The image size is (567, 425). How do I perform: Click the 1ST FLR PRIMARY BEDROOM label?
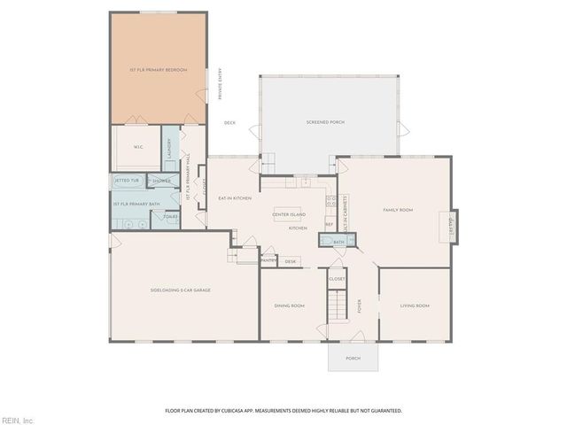(x=159, y=69)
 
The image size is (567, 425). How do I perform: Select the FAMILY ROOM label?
(x=398, y=210)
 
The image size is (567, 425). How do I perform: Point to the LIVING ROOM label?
(x=415, y=305)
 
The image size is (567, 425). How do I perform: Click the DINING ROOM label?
(x=289, y=305)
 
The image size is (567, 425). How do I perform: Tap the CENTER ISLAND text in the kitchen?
(x=289, y=215)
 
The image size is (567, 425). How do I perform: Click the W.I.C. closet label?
(x=138, y=147)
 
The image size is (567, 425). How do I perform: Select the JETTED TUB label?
(x=127, y=181)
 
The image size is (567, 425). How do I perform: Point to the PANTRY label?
(x=268, y=260)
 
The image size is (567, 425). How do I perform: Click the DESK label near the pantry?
(x=291, y=261)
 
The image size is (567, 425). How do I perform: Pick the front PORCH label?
(x=353, y=358)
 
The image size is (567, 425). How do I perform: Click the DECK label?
(x=229, y=123)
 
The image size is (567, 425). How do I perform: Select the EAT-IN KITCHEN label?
(x=235, y=198)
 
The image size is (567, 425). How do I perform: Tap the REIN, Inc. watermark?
(x=18, y=419)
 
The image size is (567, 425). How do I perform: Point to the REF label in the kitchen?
(x=329, y=224)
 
